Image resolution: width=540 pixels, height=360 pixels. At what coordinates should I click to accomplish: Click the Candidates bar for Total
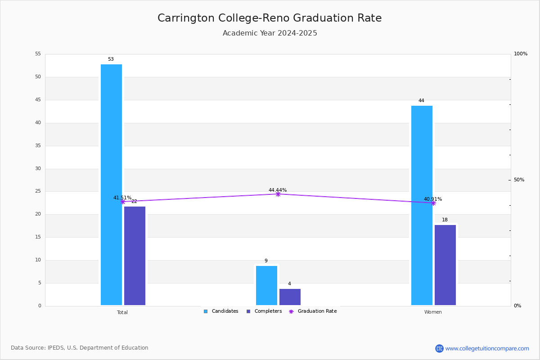111,184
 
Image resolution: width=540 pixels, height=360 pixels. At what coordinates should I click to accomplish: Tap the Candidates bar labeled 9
266,285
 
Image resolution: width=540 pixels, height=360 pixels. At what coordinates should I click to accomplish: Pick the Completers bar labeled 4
290,297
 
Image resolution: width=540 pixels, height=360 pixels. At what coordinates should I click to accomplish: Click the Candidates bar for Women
422,205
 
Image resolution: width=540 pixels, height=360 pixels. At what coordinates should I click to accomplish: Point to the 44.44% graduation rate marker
278,194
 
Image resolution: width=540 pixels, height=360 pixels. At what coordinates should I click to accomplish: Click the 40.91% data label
432,199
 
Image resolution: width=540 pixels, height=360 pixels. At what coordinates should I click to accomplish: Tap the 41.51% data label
122,198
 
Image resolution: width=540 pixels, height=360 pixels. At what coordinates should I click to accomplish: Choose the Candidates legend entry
221,311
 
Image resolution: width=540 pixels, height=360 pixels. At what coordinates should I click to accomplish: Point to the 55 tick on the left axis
38,54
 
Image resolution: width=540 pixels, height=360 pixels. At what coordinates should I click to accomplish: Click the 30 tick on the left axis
38,169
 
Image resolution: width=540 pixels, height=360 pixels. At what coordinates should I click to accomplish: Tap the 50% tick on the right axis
519,180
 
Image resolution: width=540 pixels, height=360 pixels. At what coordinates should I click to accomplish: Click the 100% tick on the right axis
520,54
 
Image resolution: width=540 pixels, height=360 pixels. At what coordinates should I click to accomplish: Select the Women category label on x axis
433,312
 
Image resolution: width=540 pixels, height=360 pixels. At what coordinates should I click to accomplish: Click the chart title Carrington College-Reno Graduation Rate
270,18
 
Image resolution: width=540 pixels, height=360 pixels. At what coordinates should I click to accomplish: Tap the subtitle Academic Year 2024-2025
270,33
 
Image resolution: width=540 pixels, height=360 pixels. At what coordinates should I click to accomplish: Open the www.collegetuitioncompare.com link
487,348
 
